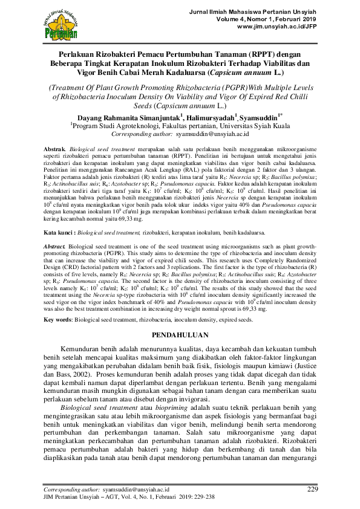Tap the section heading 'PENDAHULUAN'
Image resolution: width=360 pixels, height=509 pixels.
click(180, 335)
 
